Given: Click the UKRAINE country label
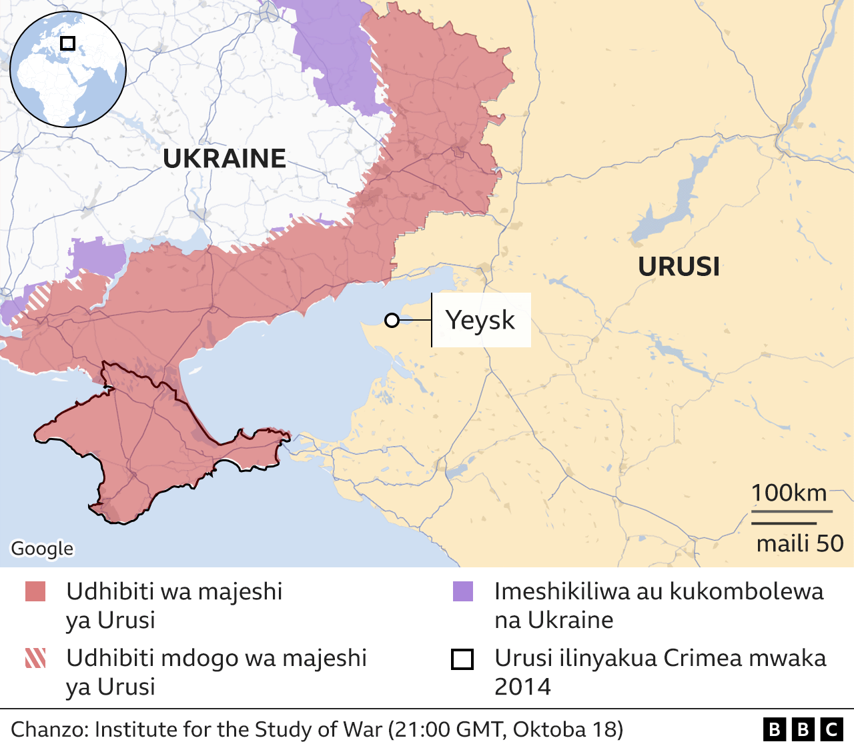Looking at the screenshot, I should click(x=224, y=159).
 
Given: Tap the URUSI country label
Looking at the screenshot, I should click(x=679, y=267).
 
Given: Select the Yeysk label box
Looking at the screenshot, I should click(x=480, y=320).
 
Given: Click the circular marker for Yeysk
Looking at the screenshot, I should click(x=392, y=321).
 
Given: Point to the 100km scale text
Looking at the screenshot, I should click(x=789, y=493).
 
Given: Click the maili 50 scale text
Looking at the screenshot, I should click(x=799, y=543).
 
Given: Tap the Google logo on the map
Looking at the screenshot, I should click(x=42, y=549).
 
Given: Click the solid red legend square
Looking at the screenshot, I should click(x=35, y=591).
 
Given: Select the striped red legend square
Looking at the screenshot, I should click(x=35, y=658).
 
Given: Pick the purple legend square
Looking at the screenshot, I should click(x=462, y=591).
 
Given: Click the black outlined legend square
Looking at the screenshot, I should click(x=462, y=659).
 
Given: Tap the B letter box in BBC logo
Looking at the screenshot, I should click(x=774, y=729).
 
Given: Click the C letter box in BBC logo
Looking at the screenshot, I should click(x=831, y=729).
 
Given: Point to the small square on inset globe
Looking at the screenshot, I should click(x=67, y=43).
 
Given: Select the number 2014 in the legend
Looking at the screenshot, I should click(x=522, y=687).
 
